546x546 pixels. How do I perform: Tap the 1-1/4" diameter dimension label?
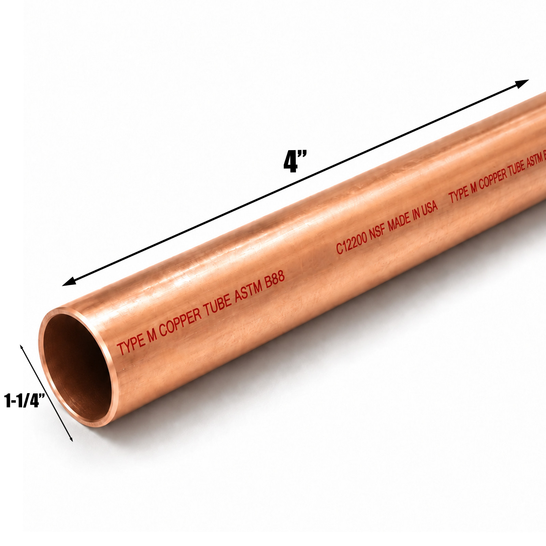25,401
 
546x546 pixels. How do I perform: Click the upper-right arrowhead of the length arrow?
522,84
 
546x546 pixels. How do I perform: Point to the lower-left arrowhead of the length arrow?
69,281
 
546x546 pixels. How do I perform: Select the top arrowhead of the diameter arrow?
22,348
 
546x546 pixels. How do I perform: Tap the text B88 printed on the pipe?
275,280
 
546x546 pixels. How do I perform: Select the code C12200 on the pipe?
351,243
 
